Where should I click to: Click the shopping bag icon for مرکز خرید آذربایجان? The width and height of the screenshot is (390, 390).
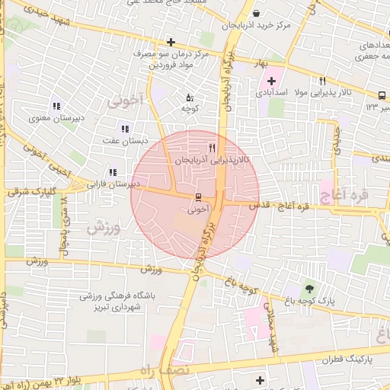(256, 13)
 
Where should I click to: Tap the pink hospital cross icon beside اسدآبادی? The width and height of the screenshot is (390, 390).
(271, 80)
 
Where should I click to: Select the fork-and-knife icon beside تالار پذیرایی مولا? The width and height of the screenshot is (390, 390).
(323, 81)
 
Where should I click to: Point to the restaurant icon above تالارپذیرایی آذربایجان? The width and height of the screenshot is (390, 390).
(212, 148)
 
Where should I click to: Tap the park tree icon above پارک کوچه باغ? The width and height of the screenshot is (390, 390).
(309, 288)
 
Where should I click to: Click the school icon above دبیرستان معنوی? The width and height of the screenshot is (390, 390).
(56, 106)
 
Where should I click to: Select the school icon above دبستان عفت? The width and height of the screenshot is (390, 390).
(125, 128)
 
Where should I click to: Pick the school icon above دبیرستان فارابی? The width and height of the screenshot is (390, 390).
(113, 172)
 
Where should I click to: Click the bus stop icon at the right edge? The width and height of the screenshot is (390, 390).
(380, 95)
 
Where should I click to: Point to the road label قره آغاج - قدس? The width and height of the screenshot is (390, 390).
(276, 206)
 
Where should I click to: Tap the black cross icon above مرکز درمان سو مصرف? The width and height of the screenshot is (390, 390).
(171, 42)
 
